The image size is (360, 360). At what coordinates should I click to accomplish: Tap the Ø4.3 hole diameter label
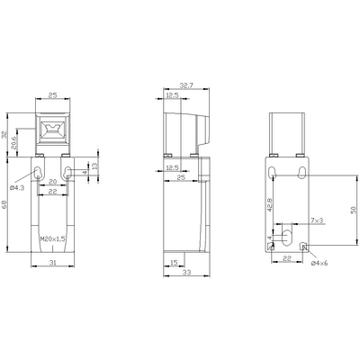click(x=17, y=188)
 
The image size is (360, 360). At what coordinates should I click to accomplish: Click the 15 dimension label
click(x=172, y=262)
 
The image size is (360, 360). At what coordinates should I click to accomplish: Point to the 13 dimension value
click(x=94, y=166)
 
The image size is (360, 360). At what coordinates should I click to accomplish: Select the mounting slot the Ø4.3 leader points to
click(x=38, y=172)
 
